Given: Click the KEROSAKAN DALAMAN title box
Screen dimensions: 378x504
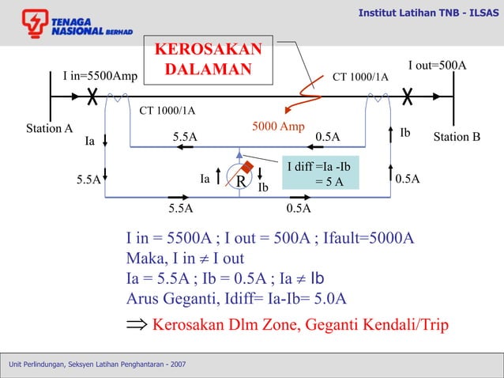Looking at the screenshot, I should (208, 59).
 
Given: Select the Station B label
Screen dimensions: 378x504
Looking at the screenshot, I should (457, 137).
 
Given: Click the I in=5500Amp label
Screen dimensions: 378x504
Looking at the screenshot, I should (100, 77).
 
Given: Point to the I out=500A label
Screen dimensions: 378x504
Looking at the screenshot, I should (437, 65).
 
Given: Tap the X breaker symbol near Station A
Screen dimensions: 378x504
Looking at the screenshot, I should (92, 97).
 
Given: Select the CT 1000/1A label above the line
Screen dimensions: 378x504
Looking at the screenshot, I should (360, 77).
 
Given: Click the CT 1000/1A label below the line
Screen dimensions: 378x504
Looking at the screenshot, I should (167, 110).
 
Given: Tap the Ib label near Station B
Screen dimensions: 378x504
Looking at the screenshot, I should (405, 132).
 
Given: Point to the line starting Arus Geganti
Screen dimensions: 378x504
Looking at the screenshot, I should (236, 297).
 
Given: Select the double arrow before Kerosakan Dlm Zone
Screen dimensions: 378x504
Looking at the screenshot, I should (136, 325).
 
